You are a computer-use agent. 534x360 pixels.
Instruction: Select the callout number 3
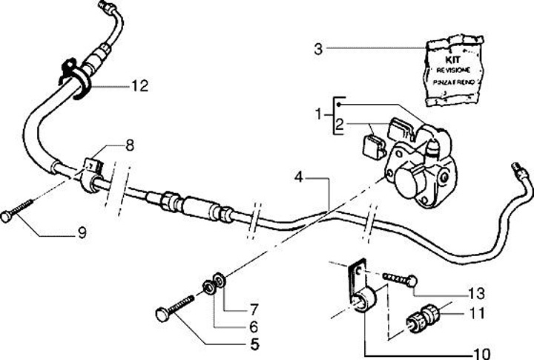(318, 50)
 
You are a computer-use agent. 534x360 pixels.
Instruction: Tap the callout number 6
(254, 325)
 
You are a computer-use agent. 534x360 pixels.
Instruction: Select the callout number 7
(254, 307)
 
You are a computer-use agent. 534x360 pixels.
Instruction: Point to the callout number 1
(318, 115)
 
